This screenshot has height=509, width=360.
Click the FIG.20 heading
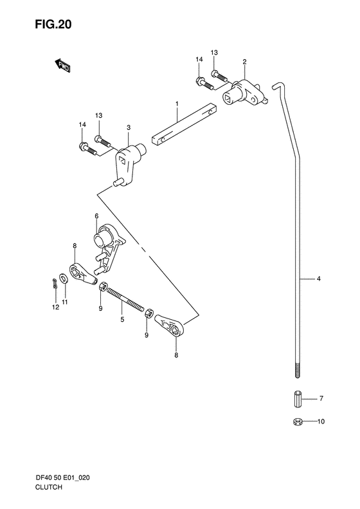(x=53, y=24)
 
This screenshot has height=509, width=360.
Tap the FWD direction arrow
(x=62, y=66)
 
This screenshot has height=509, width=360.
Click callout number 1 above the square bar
(x=177, y=104)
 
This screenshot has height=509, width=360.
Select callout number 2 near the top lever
(x=244, y=62)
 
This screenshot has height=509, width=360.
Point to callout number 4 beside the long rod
(x=318, y=279)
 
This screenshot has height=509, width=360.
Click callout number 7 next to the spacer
(x=321, y=398)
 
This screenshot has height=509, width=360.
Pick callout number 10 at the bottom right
(x=321, y=421)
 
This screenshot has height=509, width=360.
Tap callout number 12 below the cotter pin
(x=55, y=307)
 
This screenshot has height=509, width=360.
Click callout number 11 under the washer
(x=65, y=302)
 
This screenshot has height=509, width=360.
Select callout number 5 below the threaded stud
(x=122, y=319)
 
